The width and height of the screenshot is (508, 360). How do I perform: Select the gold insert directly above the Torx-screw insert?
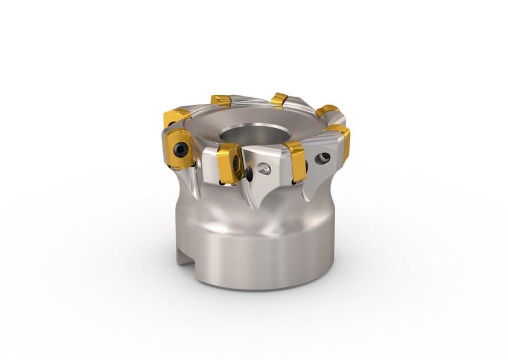177,116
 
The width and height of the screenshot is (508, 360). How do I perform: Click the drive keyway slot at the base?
182,256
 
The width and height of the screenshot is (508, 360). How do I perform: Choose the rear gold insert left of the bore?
220,100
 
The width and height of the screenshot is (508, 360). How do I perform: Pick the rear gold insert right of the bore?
278,99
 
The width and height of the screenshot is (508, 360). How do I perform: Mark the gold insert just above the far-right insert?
327,111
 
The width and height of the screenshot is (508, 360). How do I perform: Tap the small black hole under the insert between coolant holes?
294,180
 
